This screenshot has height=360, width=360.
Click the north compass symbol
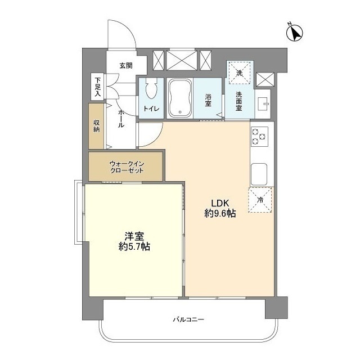tap(295, 33)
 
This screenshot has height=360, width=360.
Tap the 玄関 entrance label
tap(126, 66)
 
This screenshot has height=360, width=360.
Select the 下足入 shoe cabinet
tap(98, 87)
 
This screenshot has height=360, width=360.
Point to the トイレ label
tap(151, 109)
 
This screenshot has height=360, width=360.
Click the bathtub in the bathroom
tap(180, 98)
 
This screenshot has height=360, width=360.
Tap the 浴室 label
tap(208, 100)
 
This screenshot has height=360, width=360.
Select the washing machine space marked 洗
tap(239, 73)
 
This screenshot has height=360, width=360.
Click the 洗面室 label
tap(238, 101)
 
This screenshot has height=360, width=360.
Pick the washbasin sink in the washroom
tap(263, 103)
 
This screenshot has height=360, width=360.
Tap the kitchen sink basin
tap(259, 174)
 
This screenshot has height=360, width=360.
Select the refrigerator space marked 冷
tap(260, 200)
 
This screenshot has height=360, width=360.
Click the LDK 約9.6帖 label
tap(220, 209)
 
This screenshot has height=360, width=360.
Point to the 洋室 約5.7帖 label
tap(134, 241)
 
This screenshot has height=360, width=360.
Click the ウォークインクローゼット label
tap(127, 167)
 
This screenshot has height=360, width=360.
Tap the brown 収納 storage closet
tap(96, 126)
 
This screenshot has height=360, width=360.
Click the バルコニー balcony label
tap(188, 319)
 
